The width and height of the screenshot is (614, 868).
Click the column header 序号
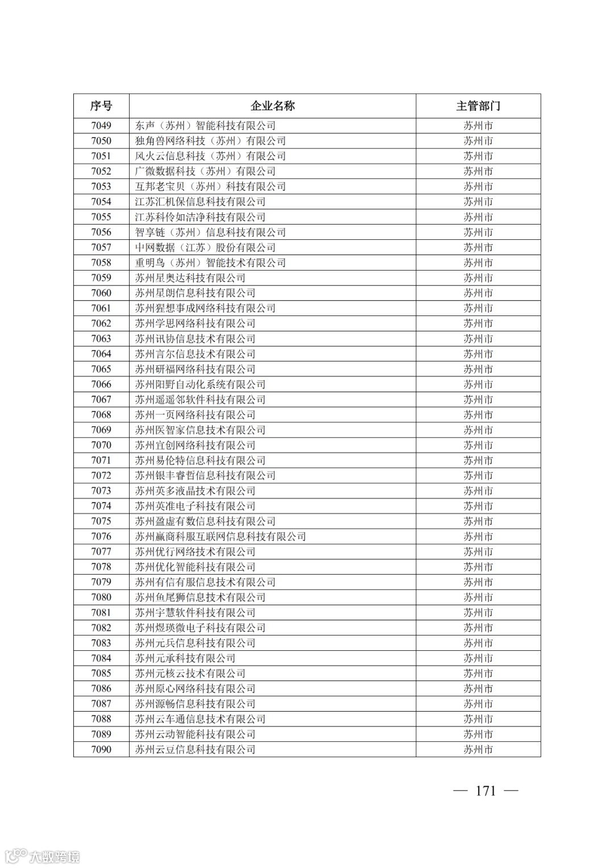click(x=101, y=106)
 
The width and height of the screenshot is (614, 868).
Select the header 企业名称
click(x=273, y=106)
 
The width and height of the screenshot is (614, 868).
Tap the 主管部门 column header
click(x=478, y=106)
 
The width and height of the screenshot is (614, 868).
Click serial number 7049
click(x=101, y=126)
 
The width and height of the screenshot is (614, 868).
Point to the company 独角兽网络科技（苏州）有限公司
click(x=210, y=141)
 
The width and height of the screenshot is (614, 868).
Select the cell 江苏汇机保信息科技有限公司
click(x=200, y=202)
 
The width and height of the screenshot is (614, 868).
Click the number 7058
click(x=101, y=263)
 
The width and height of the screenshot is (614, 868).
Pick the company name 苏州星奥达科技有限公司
click(x=190, y=278)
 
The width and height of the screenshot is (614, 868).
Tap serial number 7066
click(x=101, y=384)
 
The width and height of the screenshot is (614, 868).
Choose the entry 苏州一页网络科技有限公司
click(x=195, y=415)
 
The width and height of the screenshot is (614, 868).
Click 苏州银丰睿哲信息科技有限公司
click(x=205, y=476)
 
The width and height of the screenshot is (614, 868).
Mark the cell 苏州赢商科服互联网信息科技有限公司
click(x=221, y=537)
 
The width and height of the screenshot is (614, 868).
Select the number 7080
click(x=101, y=597)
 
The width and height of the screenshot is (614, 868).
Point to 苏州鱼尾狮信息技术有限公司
click(x=200, y=597)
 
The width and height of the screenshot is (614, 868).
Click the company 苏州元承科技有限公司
click(x=185, y=658)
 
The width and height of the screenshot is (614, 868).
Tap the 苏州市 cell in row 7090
click(x=478, y=750)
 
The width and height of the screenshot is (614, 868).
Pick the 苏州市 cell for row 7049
click(x=478, y=126)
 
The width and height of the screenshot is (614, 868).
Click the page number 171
click(x=486, y=791)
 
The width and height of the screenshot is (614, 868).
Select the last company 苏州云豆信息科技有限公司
click(x=195, y=750)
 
